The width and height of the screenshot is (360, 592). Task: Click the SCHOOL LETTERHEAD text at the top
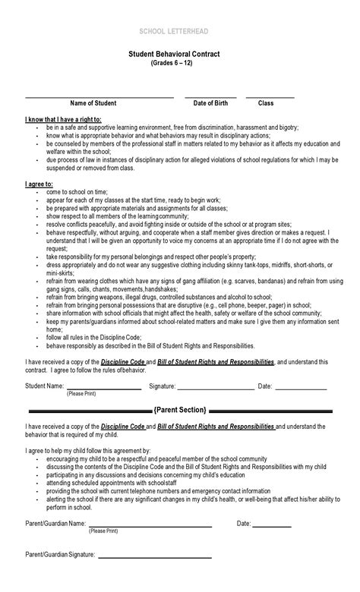point(179,30)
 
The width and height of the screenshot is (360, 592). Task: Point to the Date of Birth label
point(210,102)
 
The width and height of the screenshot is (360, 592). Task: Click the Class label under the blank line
point(266,102)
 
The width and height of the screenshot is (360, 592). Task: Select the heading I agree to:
point(39,184)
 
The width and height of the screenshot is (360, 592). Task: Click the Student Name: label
point(45,386)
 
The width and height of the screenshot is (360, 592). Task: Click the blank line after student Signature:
point(216,389)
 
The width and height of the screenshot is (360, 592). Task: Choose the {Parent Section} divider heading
point(179,410)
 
